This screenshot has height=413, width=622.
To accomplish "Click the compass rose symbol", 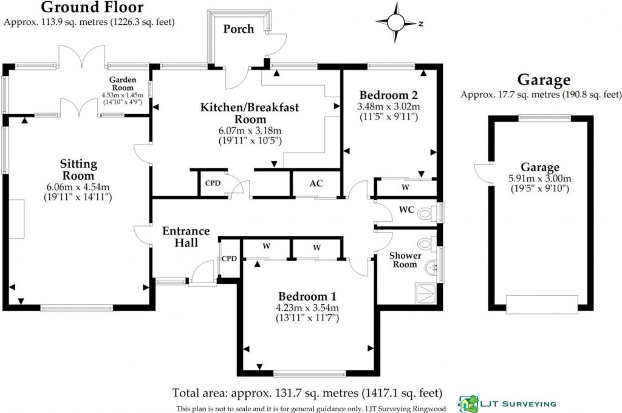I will click(395, 22).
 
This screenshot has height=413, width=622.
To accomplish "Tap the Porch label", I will click(238, 29).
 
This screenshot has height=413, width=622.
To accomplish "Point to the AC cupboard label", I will click(316, 183).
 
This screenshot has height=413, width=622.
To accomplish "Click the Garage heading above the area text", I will click(544, 80).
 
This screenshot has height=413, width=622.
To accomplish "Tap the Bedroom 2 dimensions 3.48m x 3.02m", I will click(388, 106).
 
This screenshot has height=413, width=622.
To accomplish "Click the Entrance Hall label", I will click(186, 237).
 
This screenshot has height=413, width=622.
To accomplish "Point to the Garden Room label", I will click(122, 84).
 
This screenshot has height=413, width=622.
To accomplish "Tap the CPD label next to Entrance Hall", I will click(229, 258).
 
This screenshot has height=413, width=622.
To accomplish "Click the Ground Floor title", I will click(92, 8).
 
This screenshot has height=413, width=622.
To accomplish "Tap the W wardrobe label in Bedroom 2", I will click(405, 188).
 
